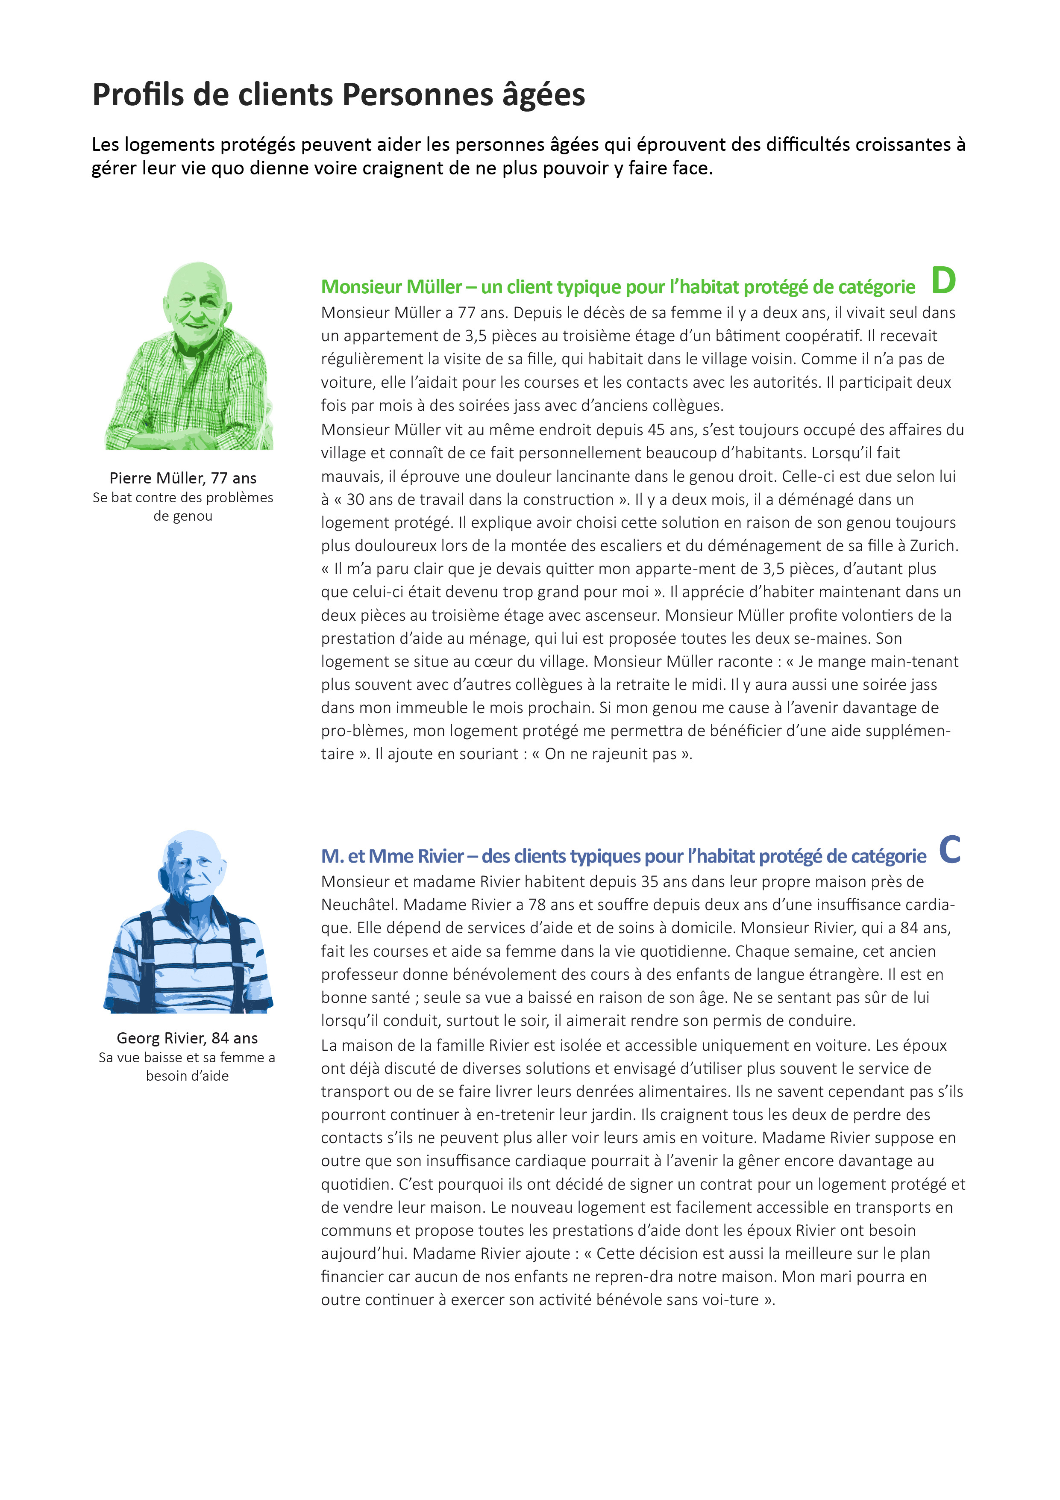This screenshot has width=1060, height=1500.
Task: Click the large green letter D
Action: click(943, 281)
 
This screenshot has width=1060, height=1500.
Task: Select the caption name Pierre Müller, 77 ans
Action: click(183, 478)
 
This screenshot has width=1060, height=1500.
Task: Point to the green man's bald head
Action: click(197, 278)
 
